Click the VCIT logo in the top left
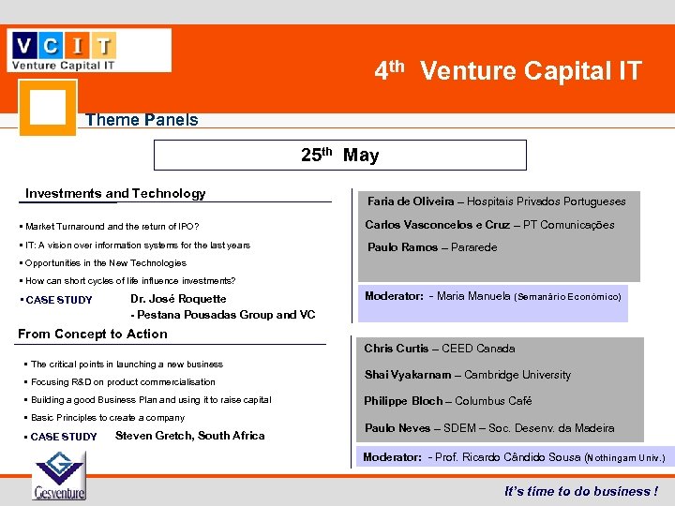[x=89, y=50]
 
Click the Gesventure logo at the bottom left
[x=58, y=475]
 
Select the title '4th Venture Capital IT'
[x=508, y=70]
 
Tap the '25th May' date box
[x=339, y=155]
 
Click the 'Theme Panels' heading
[x=142, y=120]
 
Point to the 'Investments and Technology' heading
[x=115, y=194]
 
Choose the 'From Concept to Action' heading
[x=93, y=334]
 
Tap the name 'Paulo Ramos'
[x=402, y=247]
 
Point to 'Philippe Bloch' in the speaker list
[x=403, y=401]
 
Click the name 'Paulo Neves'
[x=397, y=428]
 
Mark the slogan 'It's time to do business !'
[x=580, y=491]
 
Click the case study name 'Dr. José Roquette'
[x=178, y=299]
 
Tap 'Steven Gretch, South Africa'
[x=189, y=436]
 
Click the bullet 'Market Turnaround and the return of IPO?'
[x=112, y=227]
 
